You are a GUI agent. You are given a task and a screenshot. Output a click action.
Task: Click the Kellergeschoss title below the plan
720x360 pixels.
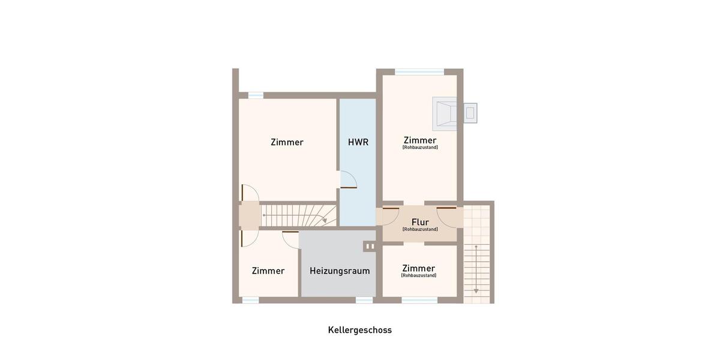click(x=359, y=330)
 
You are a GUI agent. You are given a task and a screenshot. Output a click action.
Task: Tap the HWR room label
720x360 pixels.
click(x=358, y=142)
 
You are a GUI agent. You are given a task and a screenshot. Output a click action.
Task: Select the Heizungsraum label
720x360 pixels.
click(x=340, y=271)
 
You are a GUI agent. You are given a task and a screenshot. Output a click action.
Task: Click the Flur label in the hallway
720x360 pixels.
click(x=420, y=222)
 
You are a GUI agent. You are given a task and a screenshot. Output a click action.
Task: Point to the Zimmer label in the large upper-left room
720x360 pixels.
click(x=287, y=142)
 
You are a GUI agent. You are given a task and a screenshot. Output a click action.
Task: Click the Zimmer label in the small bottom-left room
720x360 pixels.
click(x=268, y=271)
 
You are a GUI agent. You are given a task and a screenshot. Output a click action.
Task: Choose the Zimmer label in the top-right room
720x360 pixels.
click(x=420, y=140)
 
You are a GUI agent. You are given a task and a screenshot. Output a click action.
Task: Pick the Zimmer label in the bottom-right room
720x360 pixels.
click(x=419, y=268)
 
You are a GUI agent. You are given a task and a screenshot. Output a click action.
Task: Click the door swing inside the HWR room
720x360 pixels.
click(x=349, y=180)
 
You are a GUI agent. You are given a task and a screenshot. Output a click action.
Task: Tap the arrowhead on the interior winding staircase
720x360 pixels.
click(x=325, y=221)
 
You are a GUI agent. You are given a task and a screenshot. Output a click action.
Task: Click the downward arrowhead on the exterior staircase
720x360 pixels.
click(x=476, y=290)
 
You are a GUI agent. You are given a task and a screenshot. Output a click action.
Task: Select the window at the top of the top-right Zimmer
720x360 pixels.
click(x=419, y=72)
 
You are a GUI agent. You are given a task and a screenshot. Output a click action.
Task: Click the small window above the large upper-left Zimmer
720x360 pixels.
click(x=256, y=95)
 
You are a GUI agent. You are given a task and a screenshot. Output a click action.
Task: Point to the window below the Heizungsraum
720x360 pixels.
click(x=364, y=300)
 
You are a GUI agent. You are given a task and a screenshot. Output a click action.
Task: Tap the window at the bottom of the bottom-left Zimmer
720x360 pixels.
click(x=250, y=300)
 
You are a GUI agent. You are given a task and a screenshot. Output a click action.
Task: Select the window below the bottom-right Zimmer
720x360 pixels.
click(x=419, y=300)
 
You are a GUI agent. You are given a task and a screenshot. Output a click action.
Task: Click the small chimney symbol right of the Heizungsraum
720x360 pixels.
click(x=370, y=246)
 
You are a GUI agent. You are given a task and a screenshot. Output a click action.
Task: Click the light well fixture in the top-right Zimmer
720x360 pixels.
click(x=445, y=113)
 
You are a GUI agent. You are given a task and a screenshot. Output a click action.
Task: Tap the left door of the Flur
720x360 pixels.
click(x=391, y=215)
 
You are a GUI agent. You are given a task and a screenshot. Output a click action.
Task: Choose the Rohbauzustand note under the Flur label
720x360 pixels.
click(x=420, y=229)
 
